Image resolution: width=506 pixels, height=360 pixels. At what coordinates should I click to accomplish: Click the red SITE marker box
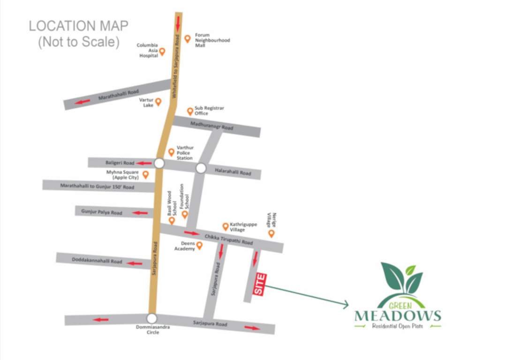(260, 285)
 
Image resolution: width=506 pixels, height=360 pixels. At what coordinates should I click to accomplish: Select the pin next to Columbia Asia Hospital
(162, 52)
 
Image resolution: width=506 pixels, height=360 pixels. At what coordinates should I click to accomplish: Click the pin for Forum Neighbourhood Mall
(188, 39)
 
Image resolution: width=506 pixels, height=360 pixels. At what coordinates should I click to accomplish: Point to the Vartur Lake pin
(158, 102)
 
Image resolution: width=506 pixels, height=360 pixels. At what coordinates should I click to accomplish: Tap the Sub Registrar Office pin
(190, 111)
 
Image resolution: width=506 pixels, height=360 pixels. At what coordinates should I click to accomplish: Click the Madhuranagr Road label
(211, 126)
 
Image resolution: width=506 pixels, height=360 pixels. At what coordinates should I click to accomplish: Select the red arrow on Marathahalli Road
(84, 102)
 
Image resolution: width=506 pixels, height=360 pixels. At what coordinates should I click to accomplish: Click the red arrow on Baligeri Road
(142, 163)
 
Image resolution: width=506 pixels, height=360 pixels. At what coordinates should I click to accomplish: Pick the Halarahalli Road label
(233, 172)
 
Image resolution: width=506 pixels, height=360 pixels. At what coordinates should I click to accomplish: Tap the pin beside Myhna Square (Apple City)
(145, 175)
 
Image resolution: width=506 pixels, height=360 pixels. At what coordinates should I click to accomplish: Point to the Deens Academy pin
(199, 246)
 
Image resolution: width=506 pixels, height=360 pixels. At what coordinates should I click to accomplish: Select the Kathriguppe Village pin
(225, 227)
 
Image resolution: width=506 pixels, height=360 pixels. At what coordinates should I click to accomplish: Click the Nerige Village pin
(271, 233)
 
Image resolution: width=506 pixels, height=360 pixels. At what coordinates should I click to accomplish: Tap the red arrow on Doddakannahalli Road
(135, 263)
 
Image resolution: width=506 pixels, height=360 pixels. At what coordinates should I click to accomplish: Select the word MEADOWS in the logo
(398, 315)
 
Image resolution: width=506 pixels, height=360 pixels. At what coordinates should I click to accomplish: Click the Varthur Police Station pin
(171, 152)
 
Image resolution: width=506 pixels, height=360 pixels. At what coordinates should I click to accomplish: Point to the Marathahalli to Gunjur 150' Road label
(97, 186)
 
